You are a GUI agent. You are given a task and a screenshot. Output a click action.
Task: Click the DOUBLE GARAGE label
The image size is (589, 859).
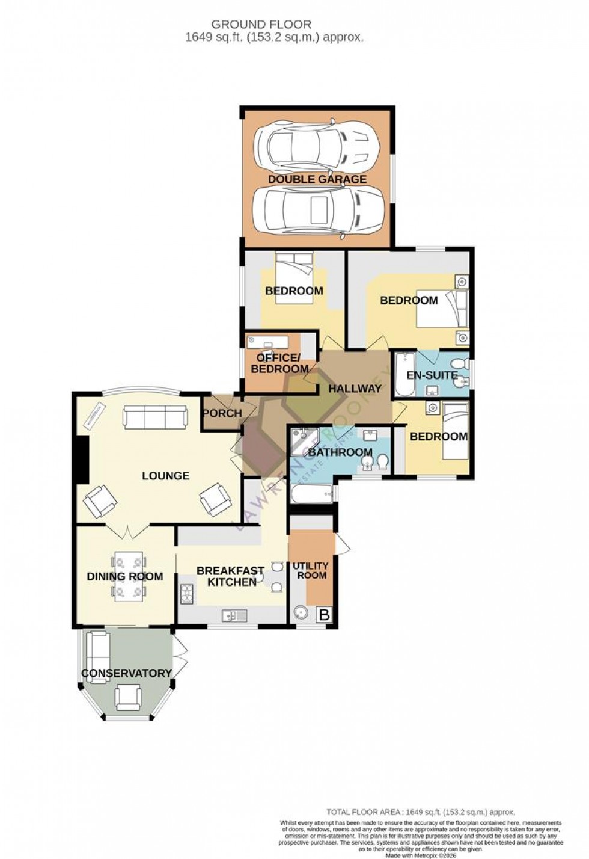317,179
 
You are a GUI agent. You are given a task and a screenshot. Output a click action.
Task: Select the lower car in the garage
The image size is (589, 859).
317,211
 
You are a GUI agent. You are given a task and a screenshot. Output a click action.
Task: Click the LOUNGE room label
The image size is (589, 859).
165,476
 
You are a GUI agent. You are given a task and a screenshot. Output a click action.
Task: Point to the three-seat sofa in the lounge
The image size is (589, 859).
154,416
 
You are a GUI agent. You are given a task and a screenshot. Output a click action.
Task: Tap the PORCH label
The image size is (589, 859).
222,413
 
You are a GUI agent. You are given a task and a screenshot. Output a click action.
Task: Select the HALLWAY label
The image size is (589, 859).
355,389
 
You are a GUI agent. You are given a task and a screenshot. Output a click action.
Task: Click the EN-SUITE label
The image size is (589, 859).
432,375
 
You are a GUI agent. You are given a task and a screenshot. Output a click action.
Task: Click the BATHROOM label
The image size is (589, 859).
340,452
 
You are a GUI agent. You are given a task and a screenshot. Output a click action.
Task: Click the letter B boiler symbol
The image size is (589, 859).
324,615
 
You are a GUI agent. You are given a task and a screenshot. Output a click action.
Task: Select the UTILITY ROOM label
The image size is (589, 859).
310,570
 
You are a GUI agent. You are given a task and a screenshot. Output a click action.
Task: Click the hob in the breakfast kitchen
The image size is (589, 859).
186,594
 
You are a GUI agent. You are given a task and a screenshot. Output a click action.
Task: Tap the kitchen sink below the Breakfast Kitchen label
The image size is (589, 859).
231,615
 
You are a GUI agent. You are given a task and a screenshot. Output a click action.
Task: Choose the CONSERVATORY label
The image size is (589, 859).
127,673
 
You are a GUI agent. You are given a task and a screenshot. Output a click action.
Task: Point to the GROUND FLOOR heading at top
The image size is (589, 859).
261,25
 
